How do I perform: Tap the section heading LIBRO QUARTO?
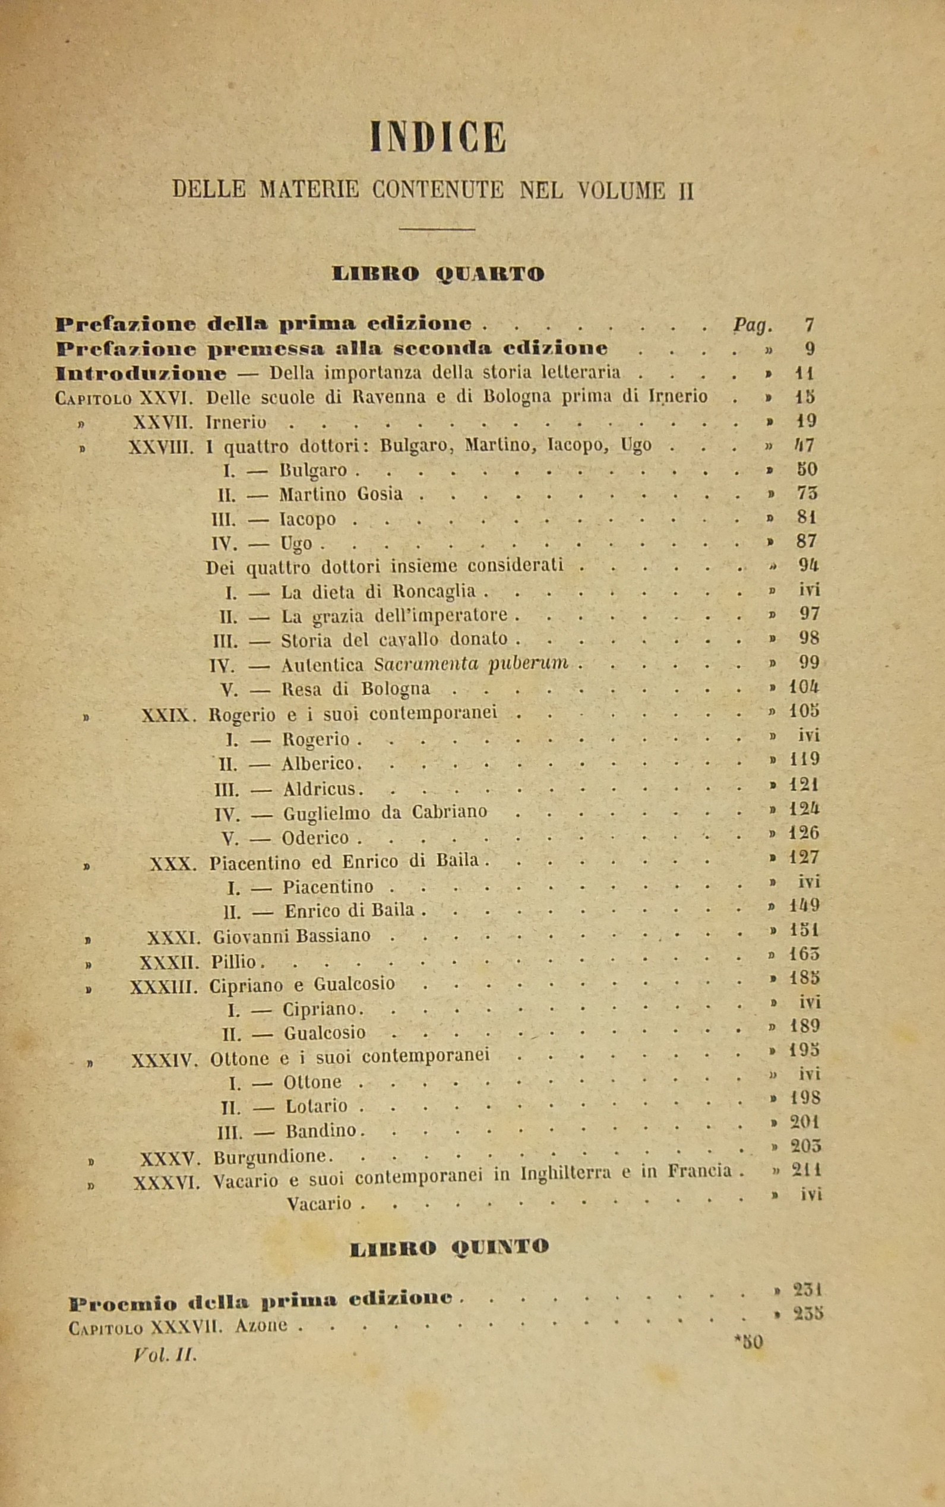pyautogui.click(x=438, y=274)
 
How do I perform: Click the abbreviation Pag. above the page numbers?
pyautogui.click(x=753, y=325)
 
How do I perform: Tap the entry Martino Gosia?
pyautogui.click(x=340, y=494)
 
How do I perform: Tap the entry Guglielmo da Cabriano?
pyautogui.click(x=385, y=813)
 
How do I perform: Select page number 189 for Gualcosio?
pyautogui.click(x=804, y=1026)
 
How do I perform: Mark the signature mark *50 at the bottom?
pyautogui.click(x=749, y=1341)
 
